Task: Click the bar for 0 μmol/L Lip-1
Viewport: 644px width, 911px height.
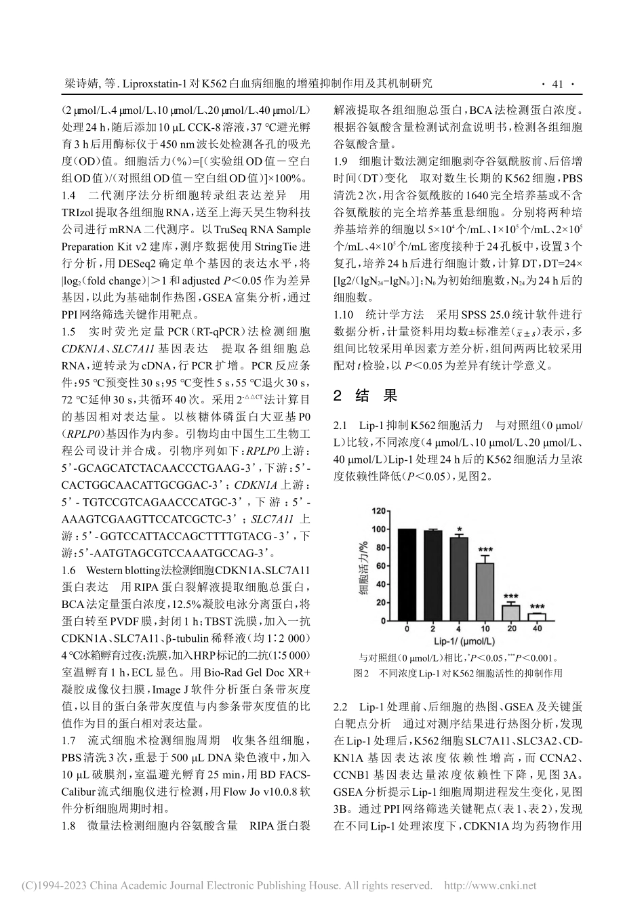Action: pyautogui.click(x=407, y=573)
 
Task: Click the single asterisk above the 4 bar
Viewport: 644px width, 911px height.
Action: pyautogui.click(x=459, y=530)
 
